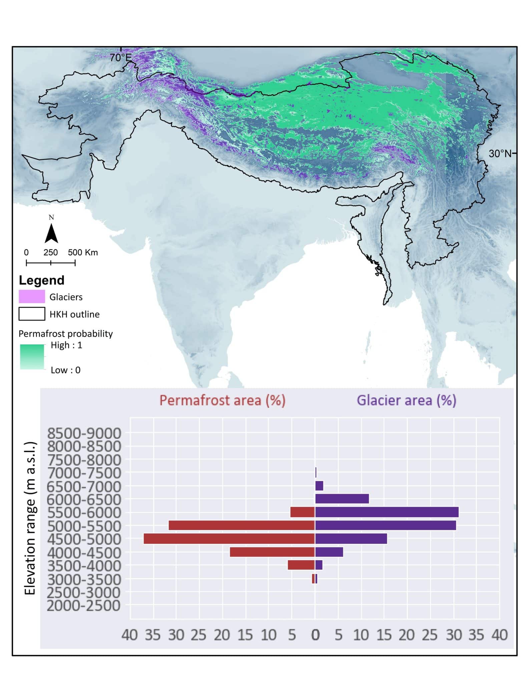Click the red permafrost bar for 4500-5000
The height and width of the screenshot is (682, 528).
pos(229,538)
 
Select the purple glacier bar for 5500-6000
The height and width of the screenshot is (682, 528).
pos(387,512)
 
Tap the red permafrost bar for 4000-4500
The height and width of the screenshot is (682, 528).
pos(272,552)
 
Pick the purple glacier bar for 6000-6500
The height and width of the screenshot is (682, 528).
pos(342,499)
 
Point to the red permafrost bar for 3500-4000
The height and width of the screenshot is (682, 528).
pos(301,565)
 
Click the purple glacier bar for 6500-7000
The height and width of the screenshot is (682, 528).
pos(319,486)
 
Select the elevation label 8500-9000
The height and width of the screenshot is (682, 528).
pos(84,434)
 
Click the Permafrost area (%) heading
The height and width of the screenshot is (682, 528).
pos(222,400)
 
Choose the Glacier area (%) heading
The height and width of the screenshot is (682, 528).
pos(406,400)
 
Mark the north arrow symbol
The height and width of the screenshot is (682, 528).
pos(51,233)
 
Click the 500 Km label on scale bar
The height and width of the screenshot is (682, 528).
pos(83,252)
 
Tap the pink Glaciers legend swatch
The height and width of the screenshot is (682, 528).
pos(32,296)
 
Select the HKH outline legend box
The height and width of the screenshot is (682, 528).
pos(32,314)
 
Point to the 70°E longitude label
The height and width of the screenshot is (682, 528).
pos(121,58)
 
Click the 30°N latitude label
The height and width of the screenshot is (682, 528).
pos(500,154)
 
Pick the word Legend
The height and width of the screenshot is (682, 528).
pos(41,280)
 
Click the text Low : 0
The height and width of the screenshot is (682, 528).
pos(65,370)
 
